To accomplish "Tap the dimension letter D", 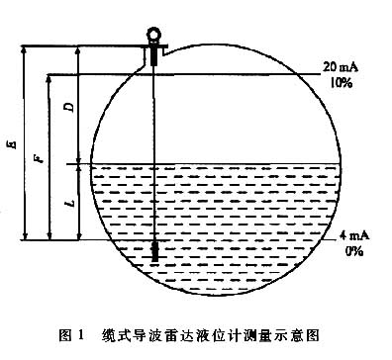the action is click(67, 106).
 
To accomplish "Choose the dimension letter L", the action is click(67, 202).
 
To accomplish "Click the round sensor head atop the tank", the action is click(154, 35).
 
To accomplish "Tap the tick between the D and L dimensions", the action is click(78, 163).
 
